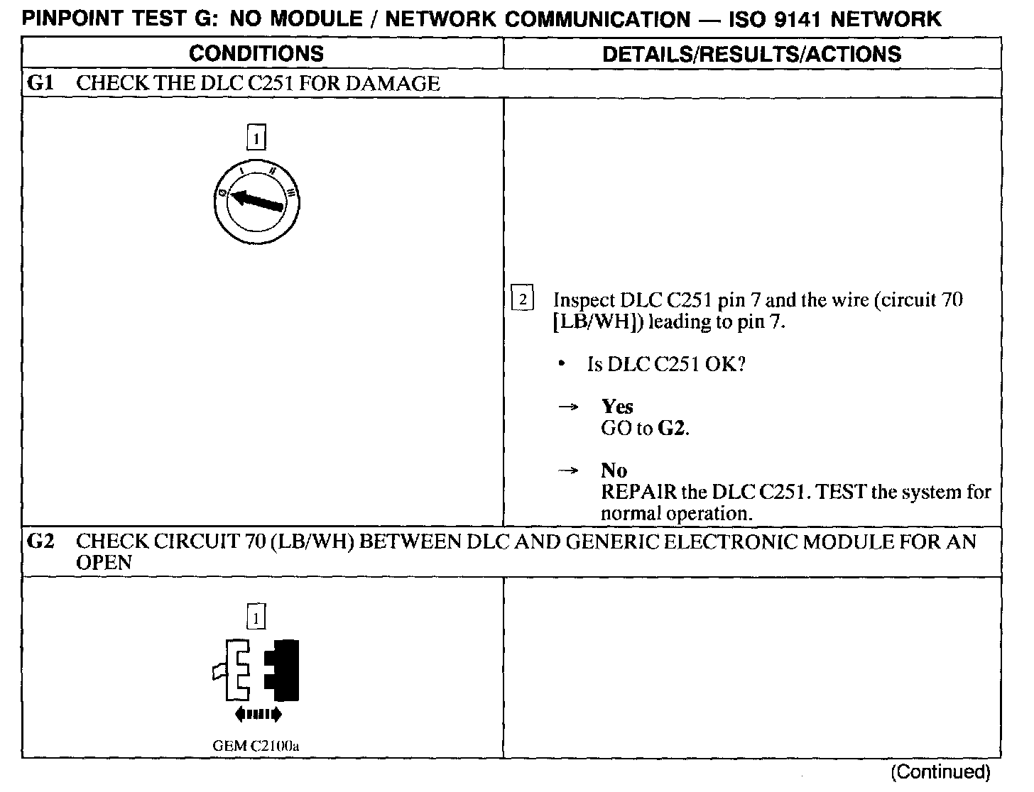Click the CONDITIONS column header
(x=256, y=53)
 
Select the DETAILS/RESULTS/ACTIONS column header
(x=751, y=54)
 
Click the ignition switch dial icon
(x=256, y=202)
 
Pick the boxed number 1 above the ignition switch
(x=256, y=137)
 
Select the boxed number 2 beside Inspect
(x=523, y=300)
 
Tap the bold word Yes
(x=617, y=407)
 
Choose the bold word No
(x=614, y=471)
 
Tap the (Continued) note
(x=940, y=771)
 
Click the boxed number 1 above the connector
(x=256, y=617)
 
